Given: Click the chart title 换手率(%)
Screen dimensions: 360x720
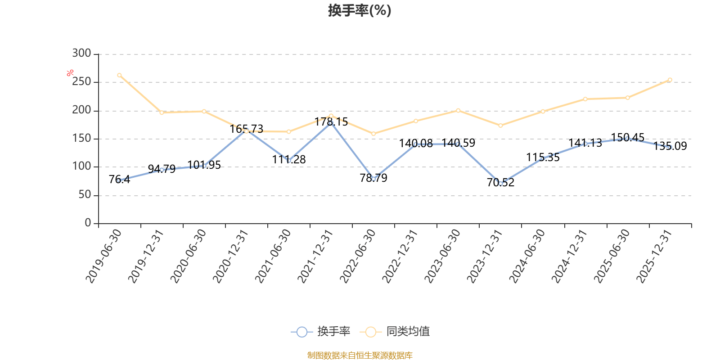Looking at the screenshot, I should (360, 10).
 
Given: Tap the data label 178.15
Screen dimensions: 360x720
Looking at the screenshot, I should (331, 122).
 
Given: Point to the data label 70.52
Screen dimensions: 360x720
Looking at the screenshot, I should (500, 183).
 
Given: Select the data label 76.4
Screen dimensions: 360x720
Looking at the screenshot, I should (119, 180).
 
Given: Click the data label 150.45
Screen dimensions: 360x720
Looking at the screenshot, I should (628, 137).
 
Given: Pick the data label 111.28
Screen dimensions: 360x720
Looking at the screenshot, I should (289, 160).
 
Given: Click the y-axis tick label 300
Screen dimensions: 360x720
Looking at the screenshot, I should (81, 54).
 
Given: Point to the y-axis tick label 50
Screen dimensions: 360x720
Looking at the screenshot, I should (85, 195).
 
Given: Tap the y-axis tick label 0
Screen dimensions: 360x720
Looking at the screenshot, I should (88, 223).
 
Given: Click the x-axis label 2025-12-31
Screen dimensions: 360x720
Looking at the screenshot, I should (654, 256).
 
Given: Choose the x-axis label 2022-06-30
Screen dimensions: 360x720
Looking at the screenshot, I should (358, 256).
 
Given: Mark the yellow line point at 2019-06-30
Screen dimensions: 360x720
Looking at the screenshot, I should (119, 75).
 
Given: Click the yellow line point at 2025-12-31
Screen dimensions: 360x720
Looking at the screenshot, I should (670, 80).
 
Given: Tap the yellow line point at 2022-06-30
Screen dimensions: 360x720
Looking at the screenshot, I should (373, 134).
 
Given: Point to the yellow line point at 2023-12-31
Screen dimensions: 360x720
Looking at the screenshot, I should (500, 126).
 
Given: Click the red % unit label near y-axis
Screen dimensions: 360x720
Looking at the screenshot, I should (70, 73).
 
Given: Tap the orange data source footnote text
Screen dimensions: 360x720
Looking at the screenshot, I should (360, 355).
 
